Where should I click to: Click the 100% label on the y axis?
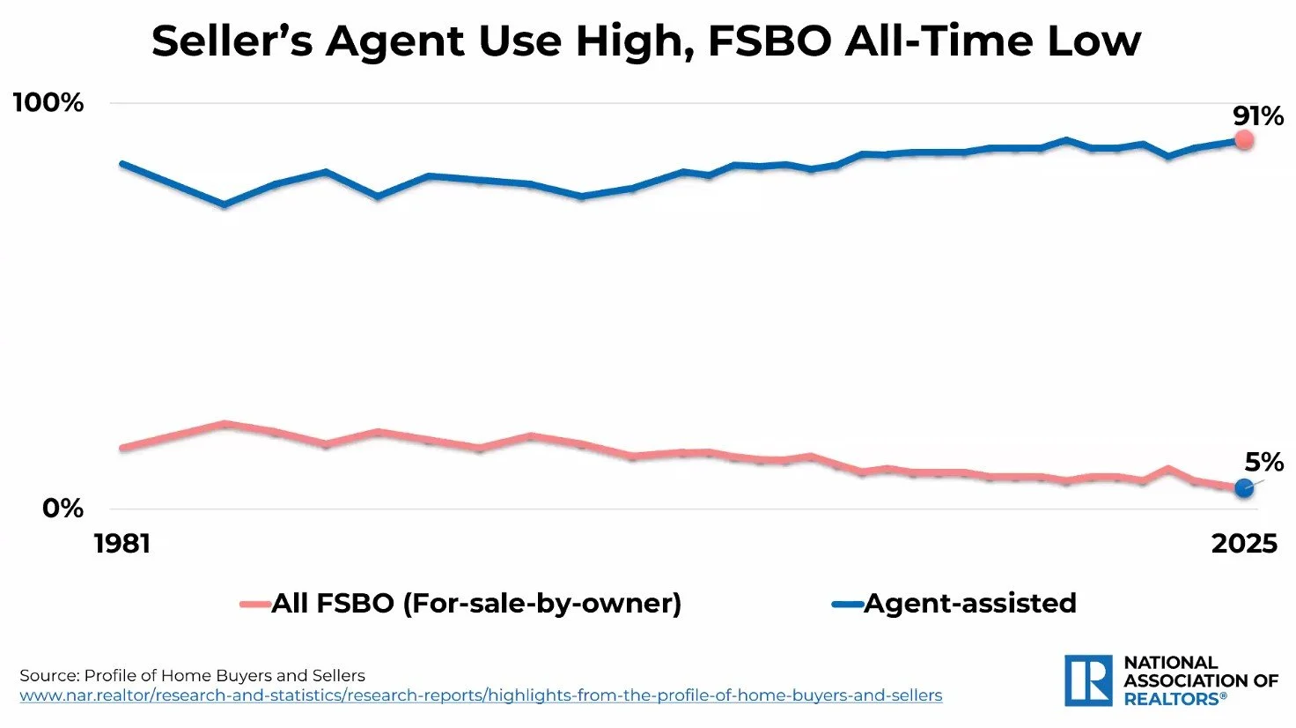coord(48,103)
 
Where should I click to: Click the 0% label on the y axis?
coord(63,509)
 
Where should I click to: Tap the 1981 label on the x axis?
coord(122,544)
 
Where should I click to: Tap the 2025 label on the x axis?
coord(1243,544)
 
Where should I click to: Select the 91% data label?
coord(1257,116)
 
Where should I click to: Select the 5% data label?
coord(1263,462)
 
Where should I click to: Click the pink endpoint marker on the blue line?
coord(1243,140)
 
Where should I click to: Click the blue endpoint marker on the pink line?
coord(1243,487)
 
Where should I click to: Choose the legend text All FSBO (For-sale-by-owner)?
coord(476,604)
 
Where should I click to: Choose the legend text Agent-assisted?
coord(969,604)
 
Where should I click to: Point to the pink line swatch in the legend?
coord(255,605)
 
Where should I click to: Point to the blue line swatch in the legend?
coord(847,605)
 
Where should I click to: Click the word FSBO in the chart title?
coord(769,41)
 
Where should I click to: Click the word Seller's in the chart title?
coord(232,41)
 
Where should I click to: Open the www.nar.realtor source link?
coord(481,695)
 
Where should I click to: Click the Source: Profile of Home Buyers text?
coord(192,676)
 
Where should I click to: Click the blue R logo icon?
coord(1088,680)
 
